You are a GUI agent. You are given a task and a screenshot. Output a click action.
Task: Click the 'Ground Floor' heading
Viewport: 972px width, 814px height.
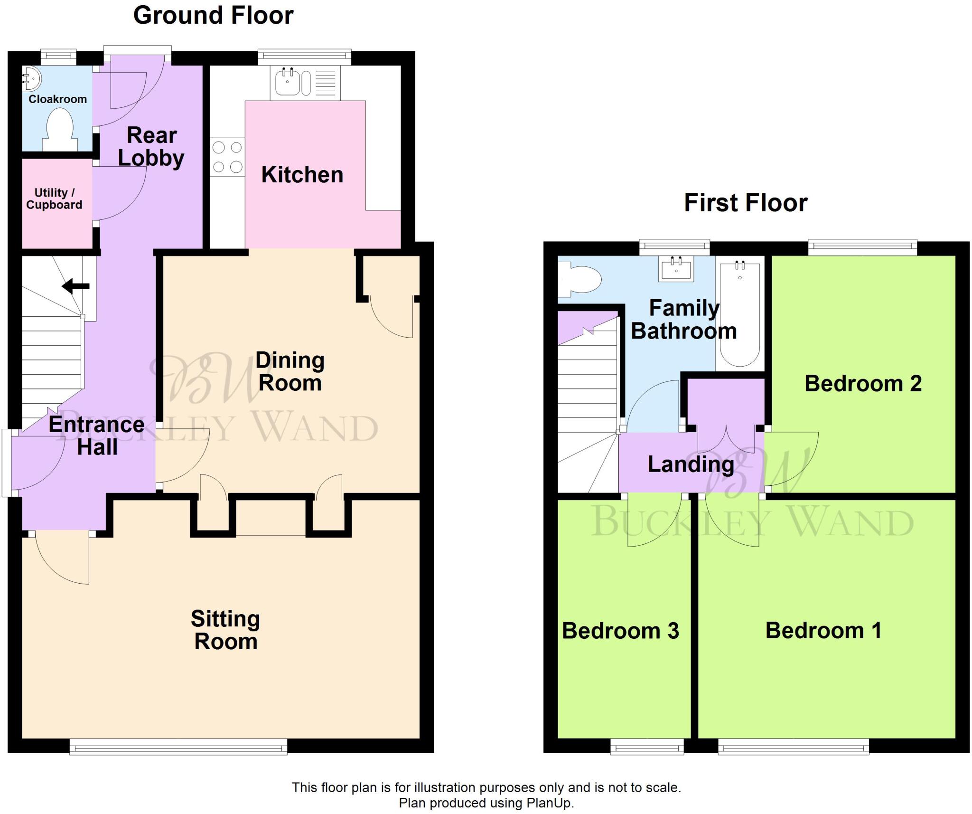[213, 15]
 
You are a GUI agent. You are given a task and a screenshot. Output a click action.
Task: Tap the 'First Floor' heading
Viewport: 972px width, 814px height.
[746, 203]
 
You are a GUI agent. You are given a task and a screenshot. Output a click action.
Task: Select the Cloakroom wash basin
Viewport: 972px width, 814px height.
[32, 78]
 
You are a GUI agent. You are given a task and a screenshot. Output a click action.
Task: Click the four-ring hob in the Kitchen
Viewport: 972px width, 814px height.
[228, 157]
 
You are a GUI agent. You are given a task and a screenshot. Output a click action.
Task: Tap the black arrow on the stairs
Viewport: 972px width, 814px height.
[75, 286]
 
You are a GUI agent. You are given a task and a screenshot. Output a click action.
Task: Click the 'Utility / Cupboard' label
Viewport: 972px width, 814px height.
[54, 199]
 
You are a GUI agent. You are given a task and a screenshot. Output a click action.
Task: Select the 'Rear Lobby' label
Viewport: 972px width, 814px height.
[151, 147]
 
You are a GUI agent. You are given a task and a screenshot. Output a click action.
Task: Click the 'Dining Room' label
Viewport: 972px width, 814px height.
[290, 371]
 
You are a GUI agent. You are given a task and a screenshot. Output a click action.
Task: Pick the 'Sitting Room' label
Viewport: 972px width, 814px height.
[226, 630]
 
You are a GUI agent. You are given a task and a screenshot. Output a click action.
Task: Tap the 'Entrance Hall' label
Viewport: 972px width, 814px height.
[97, 435]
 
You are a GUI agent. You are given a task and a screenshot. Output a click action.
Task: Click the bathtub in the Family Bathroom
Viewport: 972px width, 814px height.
[740, 314]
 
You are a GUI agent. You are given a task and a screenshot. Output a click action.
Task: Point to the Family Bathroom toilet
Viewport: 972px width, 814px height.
[579, 278]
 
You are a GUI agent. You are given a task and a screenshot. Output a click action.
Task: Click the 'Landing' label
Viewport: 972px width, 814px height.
[691, 464]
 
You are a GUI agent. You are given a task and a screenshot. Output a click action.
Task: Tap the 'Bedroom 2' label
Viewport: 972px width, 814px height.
[863, 383]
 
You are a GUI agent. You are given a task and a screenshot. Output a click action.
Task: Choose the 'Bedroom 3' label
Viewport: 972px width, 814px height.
[620, 631]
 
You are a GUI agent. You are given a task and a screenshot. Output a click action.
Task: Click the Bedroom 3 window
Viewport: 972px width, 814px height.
[647, 747]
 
